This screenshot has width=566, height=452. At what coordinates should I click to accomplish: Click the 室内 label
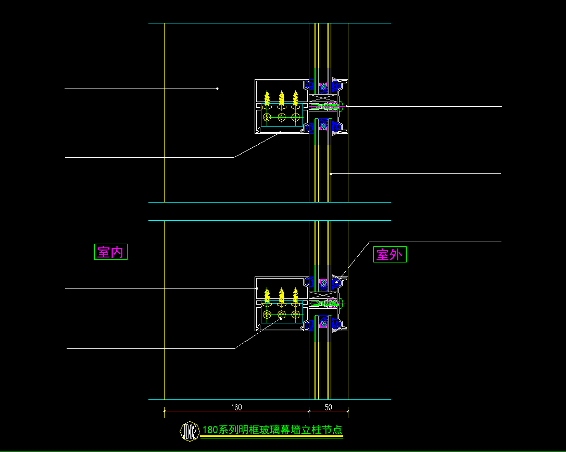click(x=110, y=252)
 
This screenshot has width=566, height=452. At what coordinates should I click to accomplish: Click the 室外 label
click(x=389, y=255)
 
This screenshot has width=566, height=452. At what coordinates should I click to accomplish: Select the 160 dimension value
click(x=236, y=407)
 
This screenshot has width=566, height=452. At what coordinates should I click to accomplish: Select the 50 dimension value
click(x=328, y=407)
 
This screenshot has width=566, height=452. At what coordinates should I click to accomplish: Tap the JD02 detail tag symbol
click(x=190, y=431)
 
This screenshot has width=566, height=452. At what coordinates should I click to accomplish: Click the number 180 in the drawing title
click(x=210, y=430)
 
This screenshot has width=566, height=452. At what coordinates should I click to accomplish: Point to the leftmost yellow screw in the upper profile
click(x=267, y=97)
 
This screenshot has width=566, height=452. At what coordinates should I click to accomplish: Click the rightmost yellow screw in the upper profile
click(x=296, y=97)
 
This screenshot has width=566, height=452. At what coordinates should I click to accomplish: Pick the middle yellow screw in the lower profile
click(x=281, y=295)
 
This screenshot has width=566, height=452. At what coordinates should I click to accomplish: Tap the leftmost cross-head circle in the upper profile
click(x=267, y=117)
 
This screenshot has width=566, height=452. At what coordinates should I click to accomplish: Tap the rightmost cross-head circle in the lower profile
click(x=296, y=314)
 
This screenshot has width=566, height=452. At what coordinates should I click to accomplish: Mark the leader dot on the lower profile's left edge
click(x=257, y=288)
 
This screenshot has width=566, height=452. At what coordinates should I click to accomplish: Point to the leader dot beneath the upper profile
click(x=280, y=133)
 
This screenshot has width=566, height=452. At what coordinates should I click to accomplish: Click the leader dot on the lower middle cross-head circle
click(x=281, y=318)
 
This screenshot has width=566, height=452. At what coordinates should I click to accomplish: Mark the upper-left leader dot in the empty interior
click(x=217, y=89)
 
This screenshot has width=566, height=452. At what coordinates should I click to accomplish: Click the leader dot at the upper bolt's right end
click(x=346, y=106)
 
